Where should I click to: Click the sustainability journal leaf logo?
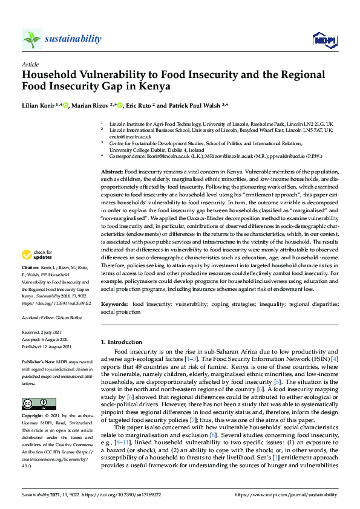pyautogui.click(x=31, y=39)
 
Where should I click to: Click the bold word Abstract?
pyautogui.click(x=113, y=172)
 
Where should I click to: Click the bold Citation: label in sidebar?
pyautogui.click(x=30, y=284)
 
